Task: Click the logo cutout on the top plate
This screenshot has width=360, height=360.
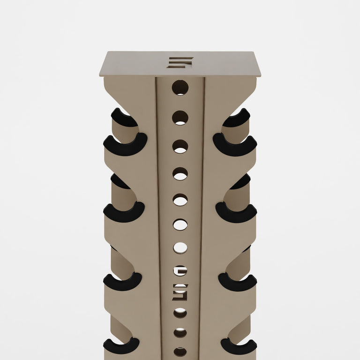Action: pos(180,63)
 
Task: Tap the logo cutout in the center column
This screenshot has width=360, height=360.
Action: pos(180,292)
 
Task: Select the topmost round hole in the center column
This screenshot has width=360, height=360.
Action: pos(180,88)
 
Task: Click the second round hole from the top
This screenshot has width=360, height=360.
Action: pos(180,118)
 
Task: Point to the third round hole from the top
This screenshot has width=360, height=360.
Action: pos(180,146)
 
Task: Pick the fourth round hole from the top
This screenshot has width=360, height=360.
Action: pos(180,174)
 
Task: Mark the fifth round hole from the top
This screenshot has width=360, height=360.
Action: pos(180,200)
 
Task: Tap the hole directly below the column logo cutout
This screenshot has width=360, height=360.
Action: pos(180,313)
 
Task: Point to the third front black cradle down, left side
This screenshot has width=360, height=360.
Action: pos(122,282)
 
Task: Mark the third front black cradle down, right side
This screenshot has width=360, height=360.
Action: pos(238,282)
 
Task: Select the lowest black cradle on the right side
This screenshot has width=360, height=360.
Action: pos(239,346)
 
